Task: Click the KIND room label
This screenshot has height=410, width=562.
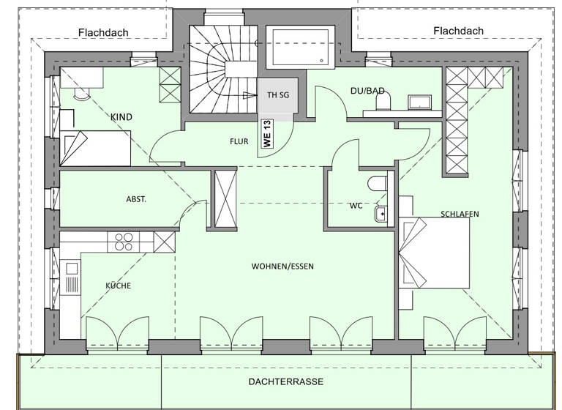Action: coord(121,117)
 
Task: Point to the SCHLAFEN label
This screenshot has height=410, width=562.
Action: coord(460,214)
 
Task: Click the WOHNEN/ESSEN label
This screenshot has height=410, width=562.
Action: coord(282,266)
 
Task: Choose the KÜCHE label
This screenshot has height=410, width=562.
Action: coord(118,286)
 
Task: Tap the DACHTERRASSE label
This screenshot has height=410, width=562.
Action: coord(285,381)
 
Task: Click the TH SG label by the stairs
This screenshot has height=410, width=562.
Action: coord(277,95)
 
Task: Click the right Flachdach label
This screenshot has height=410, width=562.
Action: coord(458,31)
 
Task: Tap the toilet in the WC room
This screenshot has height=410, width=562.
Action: coord(377,183)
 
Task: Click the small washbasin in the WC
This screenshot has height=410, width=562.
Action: coord(380,214)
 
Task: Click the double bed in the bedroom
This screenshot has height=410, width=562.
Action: coord(435,253)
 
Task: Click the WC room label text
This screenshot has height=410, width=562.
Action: coord(356,206)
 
